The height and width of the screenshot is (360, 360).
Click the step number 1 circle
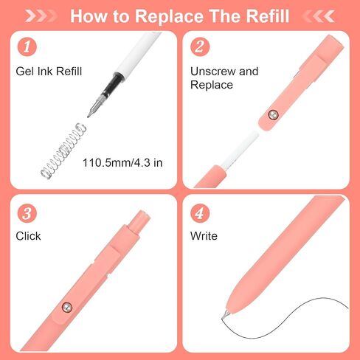pyautogui.click(x=27, y=46)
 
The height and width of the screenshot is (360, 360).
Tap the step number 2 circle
pyautogui.click(x=200, y=46)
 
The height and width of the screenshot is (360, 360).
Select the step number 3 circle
pyautogui.click(x=27, y=213)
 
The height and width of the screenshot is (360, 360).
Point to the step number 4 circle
pyautogui.click(x=200, y=213)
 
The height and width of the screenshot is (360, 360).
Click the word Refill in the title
pyautogui.click(x=268, y=16)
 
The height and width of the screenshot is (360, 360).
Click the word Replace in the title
pyautogui.click(x=170, y=16)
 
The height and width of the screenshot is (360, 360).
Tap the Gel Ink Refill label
pyautogui.click(x=49, y=72)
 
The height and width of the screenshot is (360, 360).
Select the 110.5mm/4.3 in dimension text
pyautogui.click(x=122, y=163)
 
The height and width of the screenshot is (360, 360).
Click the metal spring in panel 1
pyautogui.click(x=63, y=150)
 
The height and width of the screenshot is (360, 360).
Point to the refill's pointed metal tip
pyautogui.click(x=88, y=117)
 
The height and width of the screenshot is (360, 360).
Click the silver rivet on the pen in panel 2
pyautogui.click(x=273, y=114)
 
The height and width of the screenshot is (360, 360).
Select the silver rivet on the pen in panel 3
pyautogui.click(x=66, y=307)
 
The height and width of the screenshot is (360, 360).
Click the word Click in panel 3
pyautogui.click(x=28, y=236)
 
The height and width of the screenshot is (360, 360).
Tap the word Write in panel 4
pyautogui.click(x=204, y=236)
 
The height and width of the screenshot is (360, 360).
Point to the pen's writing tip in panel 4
pyautogui.click(x=224, y=317)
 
